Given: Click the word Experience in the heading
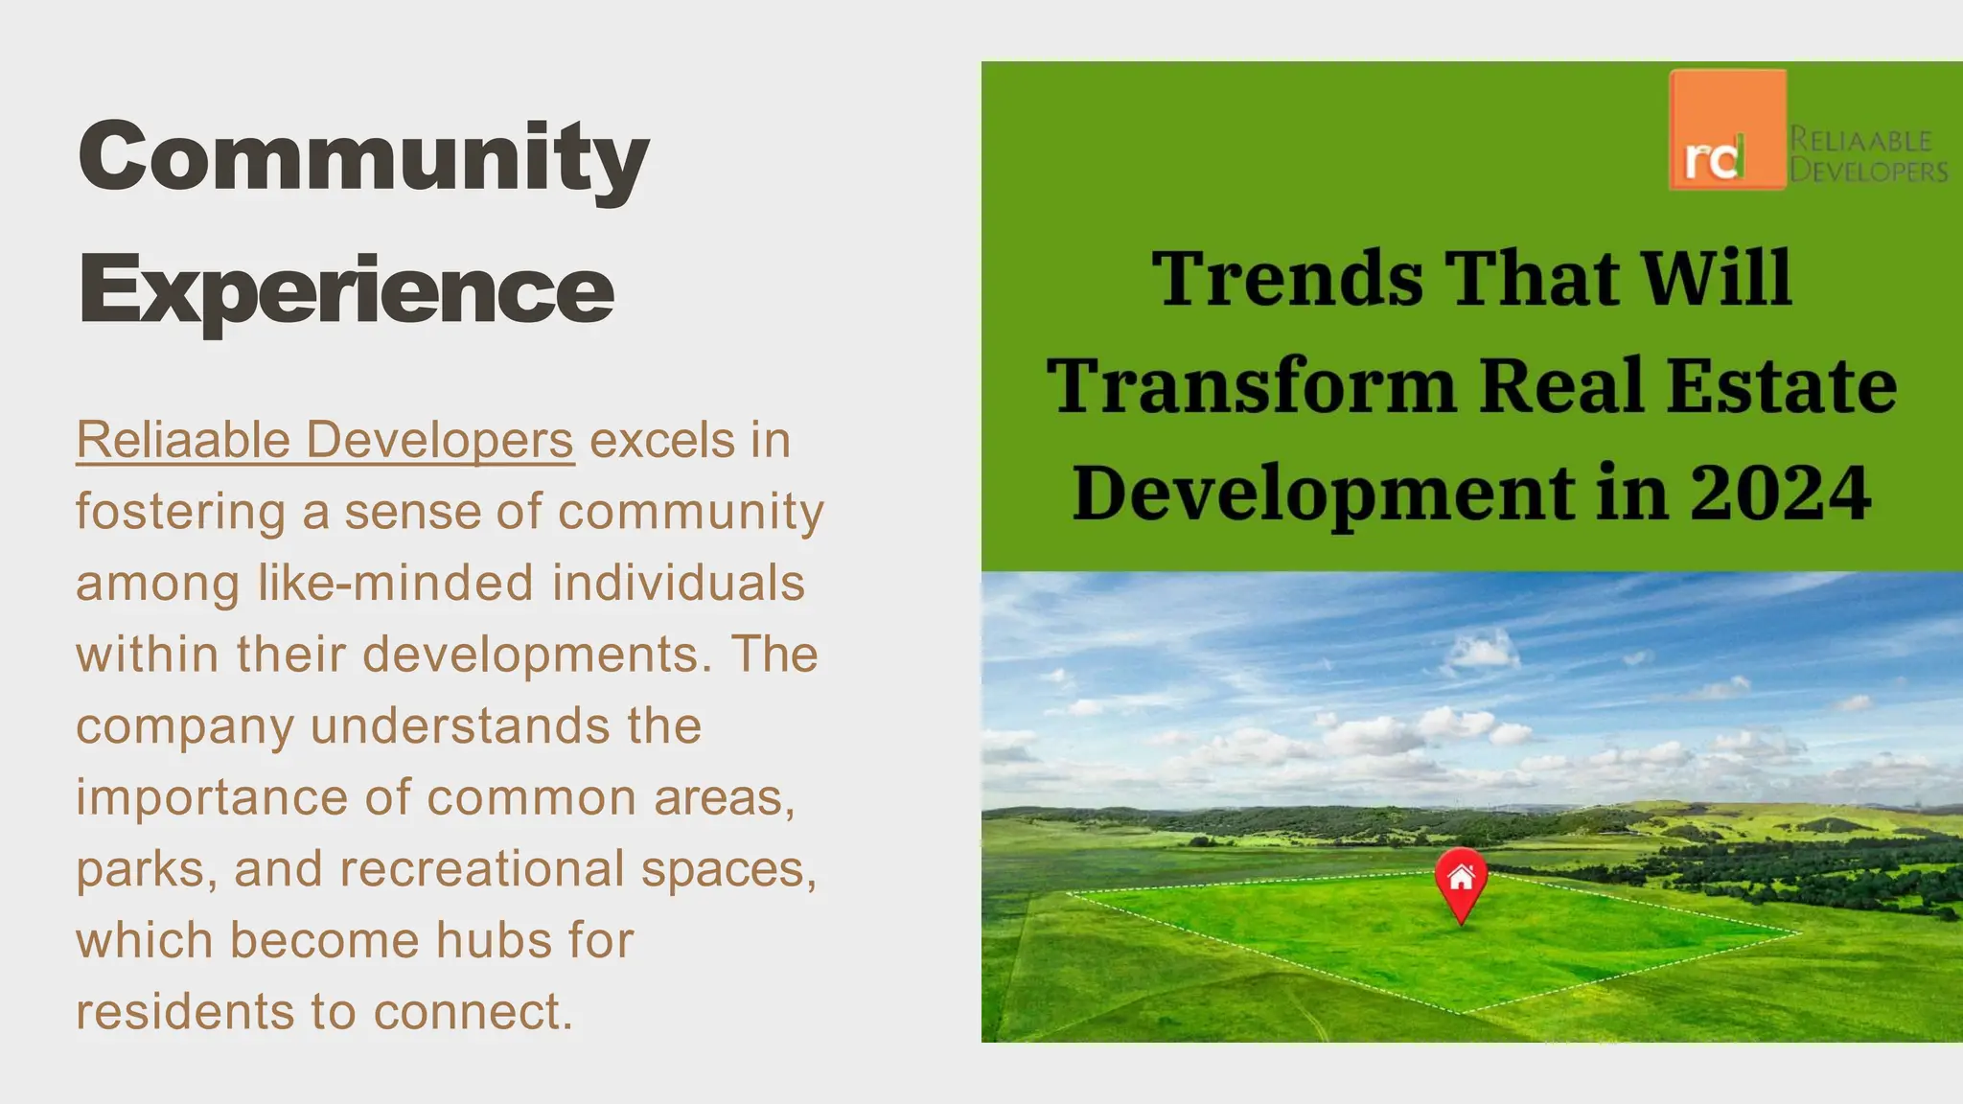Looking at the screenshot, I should (x=346, y=289).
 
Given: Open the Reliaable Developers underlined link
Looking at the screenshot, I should (x=325, y=441).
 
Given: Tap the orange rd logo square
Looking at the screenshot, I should (x=1727, y=129).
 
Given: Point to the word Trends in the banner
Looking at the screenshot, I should (x=1287, y=278).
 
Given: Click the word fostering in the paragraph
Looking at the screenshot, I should (x=180, y=512).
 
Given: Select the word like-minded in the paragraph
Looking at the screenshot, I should (x=395, y=583).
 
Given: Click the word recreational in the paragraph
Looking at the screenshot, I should (x=481, y=869).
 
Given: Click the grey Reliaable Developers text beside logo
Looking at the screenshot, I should (x=1868, y=155).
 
